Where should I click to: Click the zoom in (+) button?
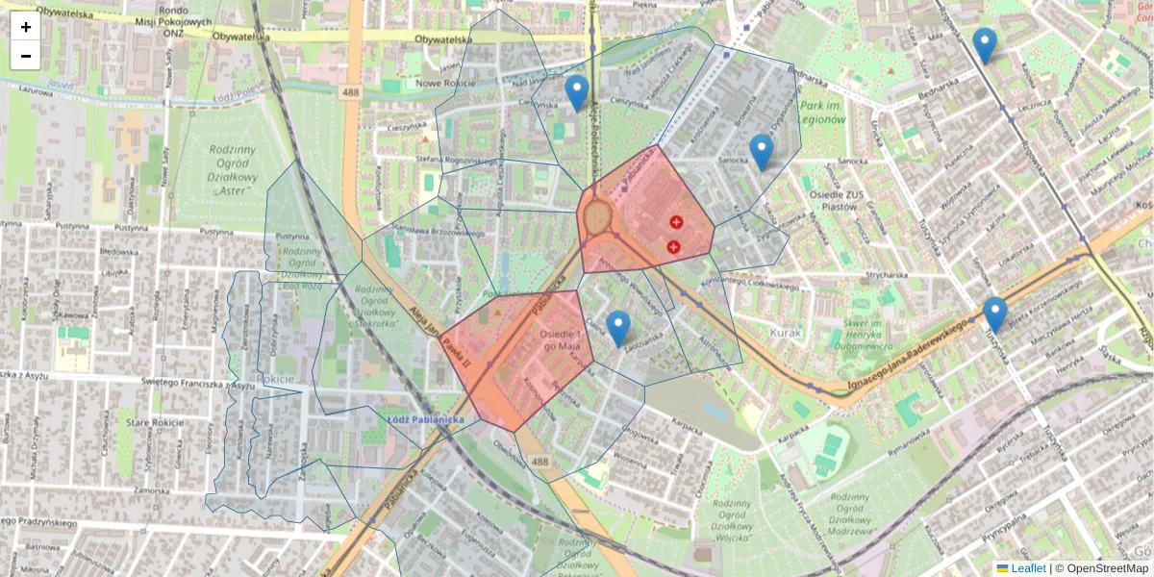(26, 27)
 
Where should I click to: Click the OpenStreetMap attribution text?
(1107, 568)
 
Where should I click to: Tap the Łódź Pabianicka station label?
(426, 419)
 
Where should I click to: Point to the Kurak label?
(785, 333)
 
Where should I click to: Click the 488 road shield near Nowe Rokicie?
(349, 91)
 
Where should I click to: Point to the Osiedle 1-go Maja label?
(563, 339)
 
